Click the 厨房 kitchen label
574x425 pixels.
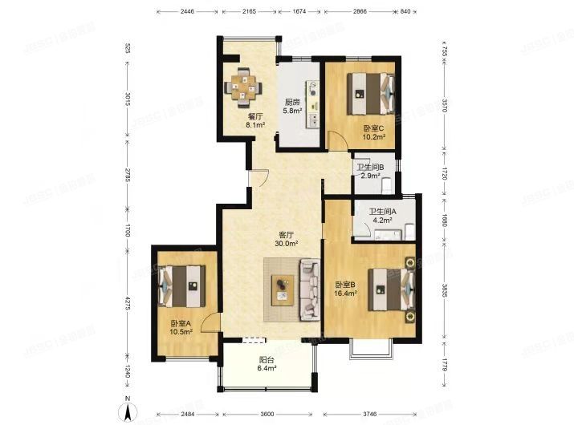[291, 103]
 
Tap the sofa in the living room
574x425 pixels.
[310, 289]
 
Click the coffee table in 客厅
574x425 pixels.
[283, 287]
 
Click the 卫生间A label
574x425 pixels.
[381, 212]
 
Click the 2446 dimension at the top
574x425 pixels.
[187, 12]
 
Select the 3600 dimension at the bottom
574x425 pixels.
[267, 414]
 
